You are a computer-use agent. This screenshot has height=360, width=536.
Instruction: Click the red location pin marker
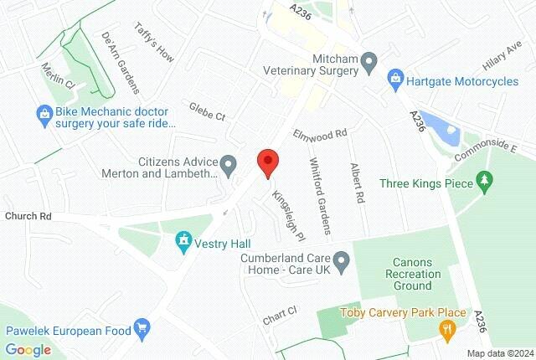(267, 162)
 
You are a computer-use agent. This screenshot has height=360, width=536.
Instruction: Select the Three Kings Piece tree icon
(484, 181)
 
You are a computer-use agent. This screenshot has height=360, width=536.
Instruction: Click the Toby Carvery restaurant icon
(448, 328)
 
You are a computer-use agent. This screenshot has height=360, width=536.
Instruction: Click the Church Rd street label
(28, 216)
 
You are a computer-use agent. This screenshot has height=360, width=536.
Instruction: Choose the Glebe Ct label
(209, 112)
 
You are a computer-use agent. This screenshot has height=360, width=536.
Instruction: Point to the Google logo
(28, 349)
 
